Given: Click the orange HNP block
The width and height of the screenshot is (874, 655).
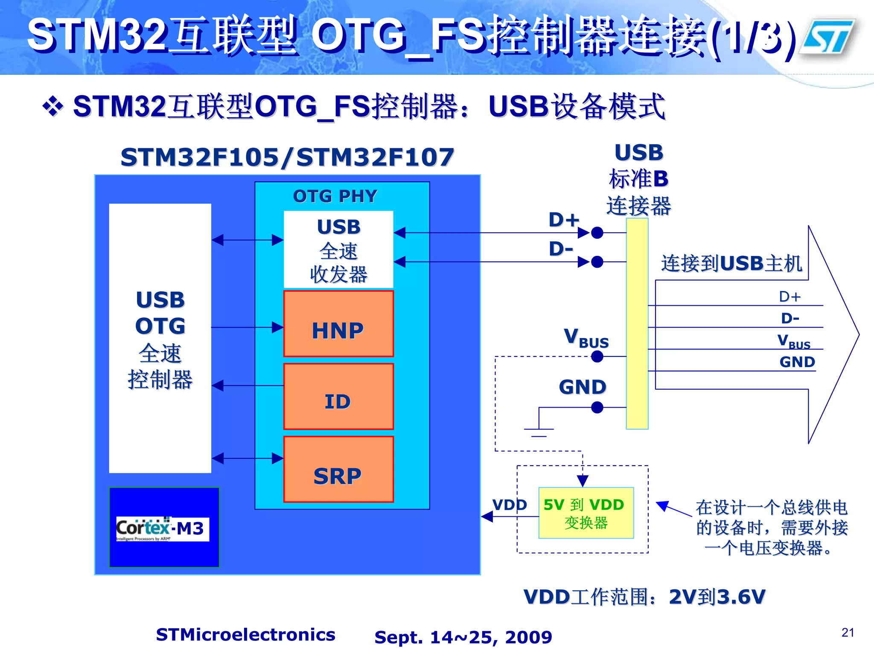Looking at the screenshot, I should click(338, 324).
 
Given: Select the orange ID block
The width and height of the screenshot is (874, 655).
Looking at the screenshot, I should click(338, 397).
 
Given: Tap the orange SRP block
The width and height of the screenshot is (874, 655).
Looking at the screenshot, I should click(338, 470).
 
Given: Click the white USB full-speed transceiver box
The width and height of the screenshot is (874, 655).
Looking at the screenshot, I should click(338, 249).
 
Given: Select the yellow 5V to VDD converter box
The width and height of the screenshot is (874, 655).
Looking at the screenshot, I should click(586, 513).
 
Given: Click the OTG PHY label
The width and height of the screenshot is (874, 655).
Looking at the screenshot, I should click(335, 196).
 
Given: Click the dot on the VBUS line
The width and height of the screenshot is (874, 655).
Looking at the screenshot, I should click(597, 356).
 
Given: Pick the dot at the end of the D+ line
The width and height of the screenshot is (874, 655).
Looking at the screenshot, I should click(597, 233).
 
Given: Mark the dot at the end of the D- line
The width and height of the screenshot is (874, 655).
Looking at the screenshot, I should click(597, 262).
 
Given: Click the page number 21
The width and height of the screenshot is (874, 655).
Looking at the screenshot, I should click(848, 632).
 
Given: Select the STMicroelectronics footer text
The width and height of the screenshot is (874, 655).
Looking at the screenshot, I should click(245, 635).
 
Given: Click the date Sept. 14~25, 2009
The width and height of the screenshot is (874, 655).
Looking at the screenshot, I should click(463, 637).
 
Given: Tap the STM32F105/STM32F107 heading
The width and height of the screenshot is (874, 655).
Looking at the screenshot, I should click(287, 157).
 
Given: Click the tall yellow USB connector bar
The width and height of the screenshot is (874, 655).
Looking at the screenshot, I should click(637, 324).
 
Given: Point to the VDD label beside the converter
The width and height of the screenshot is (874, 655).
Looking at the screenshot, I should click(510, 505).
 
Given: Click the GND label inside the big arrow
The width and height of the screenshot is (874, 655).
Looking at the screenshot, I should click(797, 362).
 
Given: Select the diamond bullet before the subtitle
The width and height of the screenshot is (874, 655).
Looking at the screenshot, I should click(53, 106).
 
